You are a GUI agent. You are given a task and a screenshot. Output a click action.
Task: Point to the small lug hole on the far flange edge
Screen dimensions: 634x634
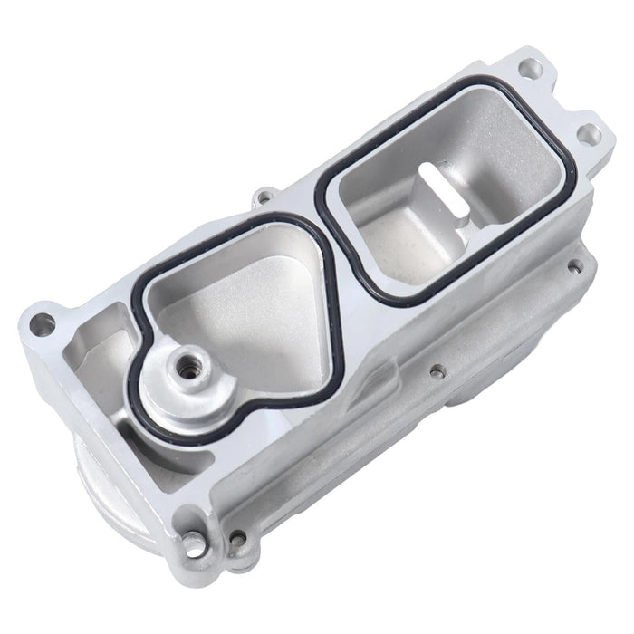point(264,194)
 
